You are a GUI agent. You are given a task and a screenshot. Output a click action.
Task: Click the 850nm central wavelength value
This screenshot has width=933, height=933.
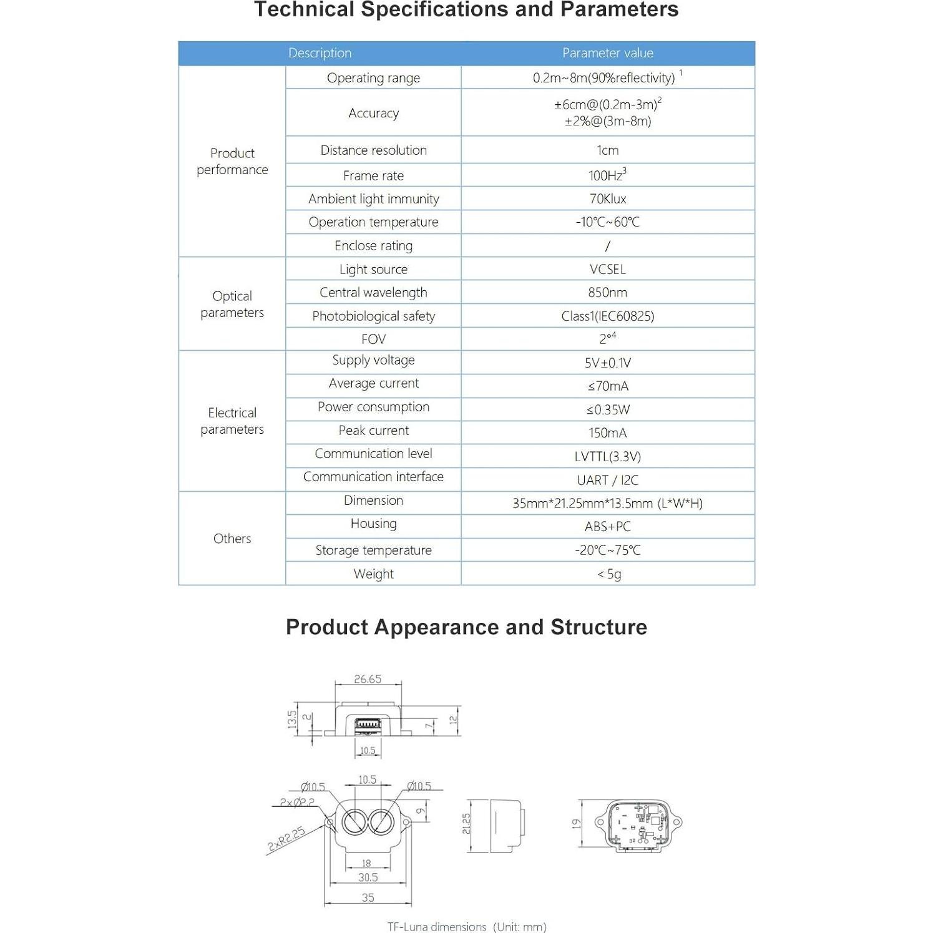pyautogui.click(x=607, y=292)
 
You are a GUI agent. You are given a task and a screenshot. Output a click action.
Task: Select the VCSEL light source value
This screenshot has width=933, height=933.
pyautogui.click(x=607, y=269)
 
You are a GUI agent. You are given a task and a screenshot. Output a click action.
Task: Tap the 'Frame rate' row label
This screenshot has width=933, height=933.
pyautogui.click(x=373, y=175)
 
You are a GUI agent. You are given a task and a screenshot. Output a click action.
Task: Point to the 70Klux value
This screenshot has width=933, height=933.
pyautogui.click(x=607, y=198)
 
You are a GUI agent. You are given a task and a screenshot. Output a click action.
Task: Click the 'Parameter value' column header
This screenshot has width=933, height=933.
pyautogui.click(x=607, y=53)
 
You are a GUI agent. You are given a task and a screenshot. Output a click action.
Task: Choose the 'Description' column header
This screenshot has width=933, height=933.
pyautogui.click(x=320, y=53)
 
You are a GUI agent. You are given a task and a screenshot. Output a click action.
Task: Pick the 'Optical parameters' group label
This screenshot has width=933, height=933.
pyautogui.click(x=232, y=304)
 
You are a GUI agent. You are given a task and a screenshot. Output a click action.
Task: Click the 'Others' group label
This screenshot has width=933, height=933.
pyautogui.click(x=232, y=538)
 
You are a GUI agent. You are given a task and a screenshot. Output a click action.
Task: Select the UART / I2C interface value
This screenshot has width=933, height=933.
pyautogui.click(x=607, y=480)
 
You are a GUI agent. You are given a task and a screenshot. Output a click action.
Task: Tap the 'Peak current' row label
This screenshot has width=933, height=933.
pyautogui.click(x=373, y=430)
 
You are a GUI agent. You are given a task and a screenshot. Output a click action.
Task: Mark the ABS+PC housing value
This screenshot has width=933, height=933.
pyautogui.click(x=607, y=526)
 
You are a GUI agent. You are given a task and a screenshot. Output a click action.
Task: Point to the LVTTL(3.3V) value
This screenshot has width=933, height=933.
pyautogui.click(x=607, y=456)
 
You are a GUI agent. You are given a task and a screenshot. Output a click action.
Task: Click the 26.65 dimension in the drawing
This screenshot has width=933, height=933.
pyautogui.click(x=368, y=679)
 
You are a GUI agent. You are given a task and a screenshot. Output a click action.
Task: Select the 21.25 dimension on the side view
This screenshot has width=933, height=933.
pyautogui.click(x=466, y=823)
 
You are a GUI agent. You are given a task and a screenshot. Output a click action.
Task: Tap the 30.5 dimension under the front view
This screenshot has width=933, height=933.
pyautogui.click(x=368, y=877)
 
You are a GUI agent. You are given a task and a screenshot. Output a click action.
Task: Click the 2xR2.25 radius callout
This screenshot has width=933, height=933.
pyautogui.click(x=286, y=839)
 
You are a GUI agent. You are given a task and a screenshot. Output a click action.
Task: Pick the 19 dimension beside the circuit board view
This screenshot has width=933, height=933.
pyautogui.click(x=576, y=823)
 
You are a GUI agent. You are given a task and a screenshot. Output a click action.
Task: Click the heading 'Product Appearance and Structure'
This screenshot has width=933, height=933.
pyautogui.click(x=466, y=627)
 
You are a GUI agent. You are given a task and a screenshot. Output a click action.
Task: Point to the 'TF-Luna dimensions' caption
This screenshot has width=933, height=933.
pyautogui.click(x=466, y=927)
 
